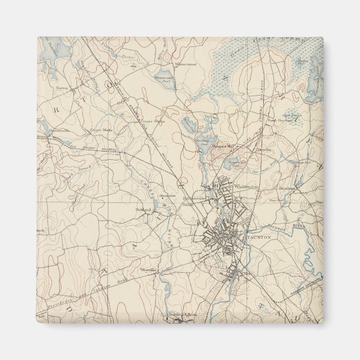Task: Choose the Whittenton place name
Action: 246,186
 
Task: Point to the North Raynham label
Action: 280,120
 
